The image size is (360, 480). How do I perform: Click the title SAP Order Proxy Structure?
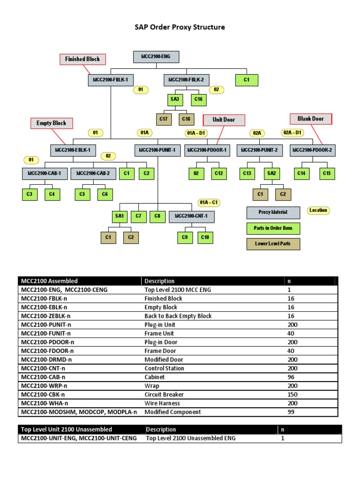click(180, 27)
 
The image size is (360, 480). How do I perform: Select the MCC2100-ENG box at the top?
click(156, 57)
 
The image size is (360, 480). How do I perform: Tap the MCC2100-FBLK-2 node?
click(186, 80)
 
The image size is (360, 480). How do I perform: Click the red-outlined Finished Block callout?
click(82, 59)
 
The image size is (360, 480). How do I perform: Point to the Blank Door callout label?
click(311, 119)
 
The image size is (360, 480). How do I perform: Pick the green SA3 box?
click(174, 99)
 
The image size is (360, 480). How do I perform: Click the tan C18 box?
click(186, 119)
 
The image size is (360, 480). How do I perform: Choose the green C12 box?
click(219, 173)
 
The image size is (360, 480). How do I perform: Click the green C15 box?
click(327, 173)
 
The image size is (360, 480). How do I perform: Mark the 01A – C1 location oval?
click(209, 202)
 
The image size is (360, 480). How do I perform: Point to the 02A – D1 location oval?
click(292, 133)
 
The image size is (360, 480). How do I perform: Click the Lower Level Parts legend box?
click(273, 244)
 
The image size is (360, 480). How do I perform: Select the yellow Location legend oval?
click(318, 210)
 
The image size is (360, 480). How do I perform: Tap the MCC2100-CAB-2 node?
click(93, 173)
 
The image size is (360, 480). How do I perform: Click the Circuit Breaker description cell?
click(162, 394)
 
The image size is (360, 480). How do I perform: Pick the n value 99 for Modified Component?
click(291, 412)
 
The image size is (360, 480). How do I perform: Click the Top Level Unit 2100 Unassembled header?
click(66, 429)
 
